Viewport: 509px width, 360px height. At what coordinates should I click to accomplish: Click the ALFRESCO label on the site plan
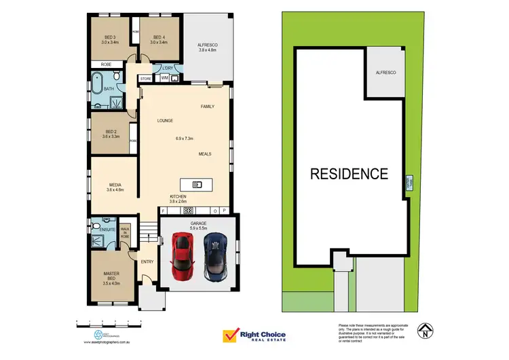click(386, 72)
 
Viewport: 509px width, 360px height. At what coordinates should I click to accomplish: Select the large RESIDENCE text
click(349, 174)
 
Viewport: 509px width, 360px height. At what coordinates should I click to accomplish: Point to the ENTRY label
click(147, 262)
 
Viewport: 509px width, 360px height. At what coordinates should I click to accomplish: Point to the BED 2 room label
click(110, 134)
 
